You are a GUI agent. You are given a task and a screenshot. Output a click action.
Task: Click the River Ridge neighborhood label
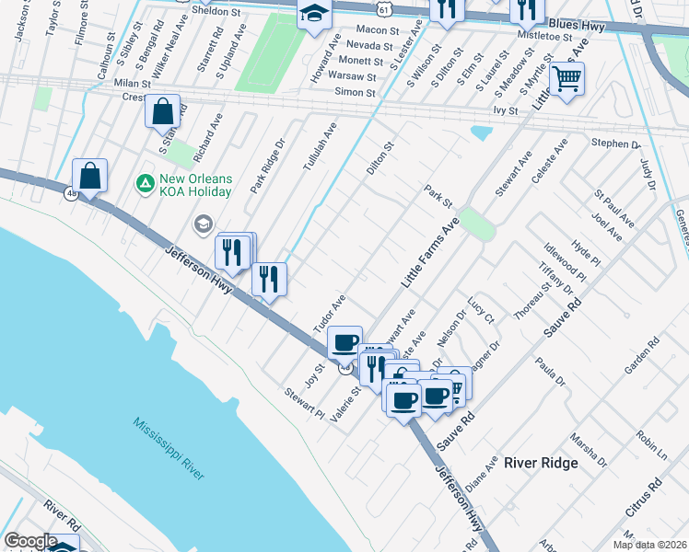coord(541,463)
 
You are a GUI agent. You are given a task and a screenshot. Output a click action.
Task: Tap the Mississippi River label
coord(169,449)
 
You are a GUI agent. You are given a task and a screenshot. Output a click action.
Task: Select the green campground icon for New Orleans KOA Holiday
coord(145,184)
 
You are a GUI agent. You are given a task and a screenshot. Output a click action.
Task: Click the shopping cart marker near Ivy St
coord(566,80)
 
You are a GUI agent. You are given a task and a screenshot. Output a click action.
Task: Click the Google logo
coord(30,541)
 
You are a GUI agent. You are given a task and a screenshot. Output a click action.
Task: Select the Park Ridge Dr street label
coord(268,167)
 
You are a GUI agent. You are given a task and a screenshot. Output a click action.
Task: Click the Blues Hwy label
coord(576,28)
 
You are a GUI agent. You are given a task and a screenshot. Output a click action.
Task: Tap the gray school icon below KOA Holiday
coord(202,224)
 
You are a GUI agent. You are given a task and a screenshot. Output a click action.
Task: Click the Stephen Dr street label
coord(615,144)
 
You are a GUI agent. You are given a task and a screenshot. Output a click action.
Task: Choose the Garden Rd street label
coord(655,357)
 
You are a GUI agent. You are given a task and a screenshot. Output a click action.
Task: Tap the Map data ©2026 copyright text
coord(649,545)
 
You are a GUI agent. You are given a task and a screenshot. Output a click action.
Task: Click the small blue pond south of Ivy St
coord(481,132)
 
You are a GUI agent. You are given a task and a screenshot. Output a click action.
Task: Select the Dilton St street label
coord(380,159)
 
